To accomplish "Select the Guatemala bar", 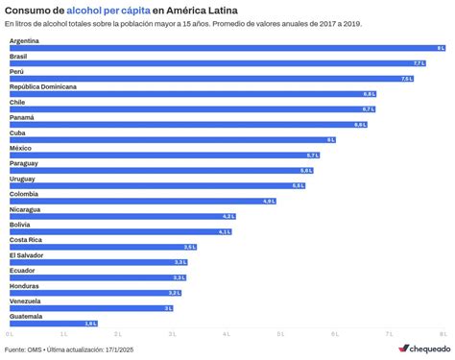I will (54, 324).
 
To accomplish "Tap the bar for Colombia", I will (142, 201).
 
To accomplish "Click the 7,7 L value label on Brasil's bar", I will (419, 62).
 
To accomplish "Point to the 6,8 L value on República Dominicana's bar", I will (370, 94).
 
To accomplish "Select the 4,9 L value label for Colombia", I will (269, 201).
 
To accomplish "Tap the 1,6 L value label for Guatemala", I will (91, 324).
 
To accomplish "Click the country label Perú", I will (17, 72).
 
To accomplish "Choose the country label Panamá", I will (22, 118).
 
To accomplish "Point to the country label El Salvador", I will (26, 255).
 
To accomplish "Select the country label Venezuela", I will (25, 301).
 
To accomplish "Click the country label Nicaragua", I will (25, 209).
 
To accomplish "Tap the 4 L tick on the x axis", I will (227, 334).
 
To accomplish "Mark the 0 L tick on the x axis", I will (10, 334).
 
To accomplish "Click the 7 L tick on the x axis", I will (390, 334).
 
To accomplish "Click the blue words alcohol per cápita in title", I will (108, 9).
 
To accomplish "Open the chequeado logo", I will (424, 348).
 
